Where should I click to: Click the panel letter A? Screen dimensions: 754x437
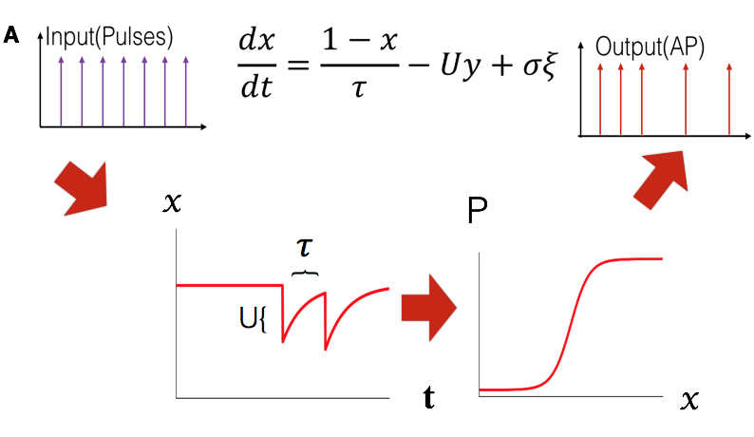(x=11, y=35)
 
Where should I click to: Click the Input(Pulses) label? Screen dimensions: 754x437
(x=109, y=38)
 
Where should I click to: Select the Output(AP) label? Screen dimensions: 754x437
(x=650, y=47)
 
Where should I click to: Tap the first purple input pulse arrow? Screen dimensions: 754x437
(x=61, y=91)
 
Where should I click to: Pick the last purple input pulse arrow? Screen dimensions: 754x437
(x=185, y=91)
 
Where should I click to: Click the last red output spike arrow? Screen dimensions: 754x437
(x=729, y=100)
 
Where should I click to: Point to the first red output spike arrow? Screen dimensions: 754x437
(x=600, y=100)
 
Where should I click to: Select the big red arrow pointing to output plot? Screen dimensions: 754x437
(x=661, y=180)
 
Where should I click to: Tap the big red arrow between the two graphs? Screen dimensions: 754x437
(x=429, y=308)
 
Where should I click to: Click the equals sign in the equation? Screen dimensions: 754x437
(x=298, y=65)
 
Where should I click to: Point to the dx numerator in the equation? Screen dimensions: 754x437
(x=256, y=41)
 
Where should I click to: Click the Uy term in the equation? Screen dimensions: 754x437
(x=461, y=66)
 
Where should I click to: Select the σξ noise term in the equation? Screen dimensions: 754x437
(x=540, y=65)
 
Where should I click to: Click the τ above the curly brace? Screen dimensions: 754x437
(x=305, y=247)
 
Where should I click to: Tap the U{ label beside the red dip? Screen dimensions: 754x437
(x=253, y=318)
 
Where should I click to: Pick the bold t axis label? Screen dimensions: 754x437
(x=429, y=397)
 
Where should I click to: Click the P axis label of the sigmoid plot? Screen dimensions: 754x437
(x=477, y=210)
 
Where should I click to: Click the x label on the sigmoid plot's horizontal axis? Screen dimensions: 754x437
(x=689, y=400)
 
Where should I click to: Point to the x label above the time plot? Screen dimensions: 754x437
(x=173, y=202)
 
